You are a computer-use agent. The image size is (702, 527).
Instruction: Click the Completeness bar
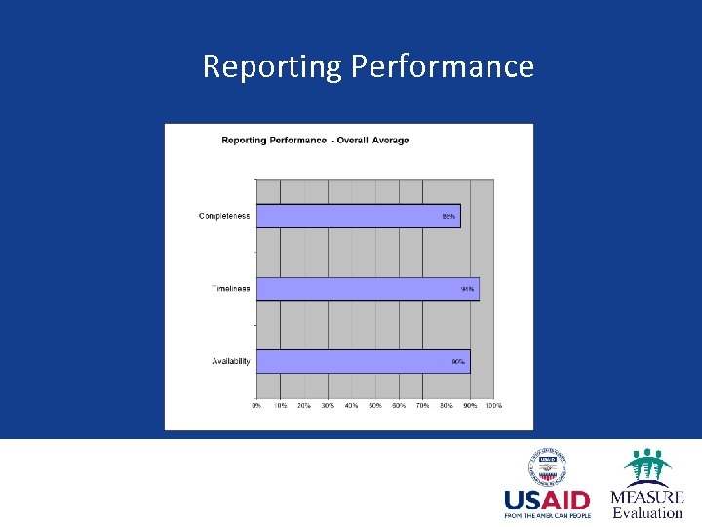coord(357,216)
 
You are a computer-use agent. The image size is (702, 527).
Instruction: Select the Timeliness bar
coord(367,289)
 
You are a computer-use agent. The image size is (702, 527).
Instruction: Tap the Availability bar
coord(362,361)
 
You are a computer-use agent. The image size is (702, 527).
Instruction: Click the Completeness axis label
coord(224,216)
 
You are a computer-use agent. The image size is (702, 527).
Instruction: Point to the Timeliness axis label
coord(231,289)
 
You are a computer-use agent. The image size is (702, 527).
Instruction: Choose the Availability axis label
coord(231,361)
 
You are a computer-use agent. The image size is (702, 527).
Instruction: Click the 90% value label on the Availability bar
coord(457,362)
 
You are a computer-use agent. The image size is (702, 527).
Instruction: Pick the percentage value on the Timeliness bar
coord(468,289)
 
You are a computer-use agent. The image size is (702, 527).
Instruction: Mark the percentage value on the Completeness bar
coord(448,216)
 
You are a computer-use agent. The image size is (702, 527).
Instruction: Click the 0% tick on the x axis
coord(256,405)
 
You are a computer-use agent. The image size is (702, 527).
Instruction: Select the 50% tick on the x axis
coord(374,405)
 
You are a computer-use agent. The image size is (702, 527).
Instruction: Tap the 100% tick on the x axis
coord(493,405)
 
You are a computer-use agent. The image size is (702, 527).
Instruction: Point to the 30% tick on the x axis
coord(328,405)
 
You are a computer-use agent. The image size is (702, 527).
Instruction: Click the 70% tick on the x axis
coord(422,405)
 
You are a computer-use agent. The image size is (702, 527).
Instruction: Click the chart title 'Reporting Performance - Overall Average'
coord(315,141)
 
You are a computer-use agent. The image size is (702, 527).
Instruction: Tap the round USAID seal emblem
coord(548,466)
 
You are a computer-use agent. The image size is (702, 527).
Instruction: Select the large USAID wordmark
coord(547,501)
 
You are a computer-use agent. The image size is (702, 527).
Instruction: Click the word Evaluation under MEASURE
coord(647,512)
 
